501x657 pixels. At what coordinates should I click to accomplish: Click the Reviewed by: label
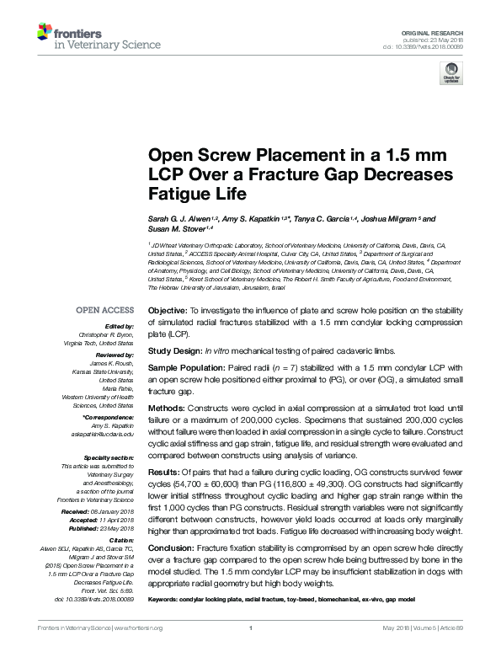pos(114,355)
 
